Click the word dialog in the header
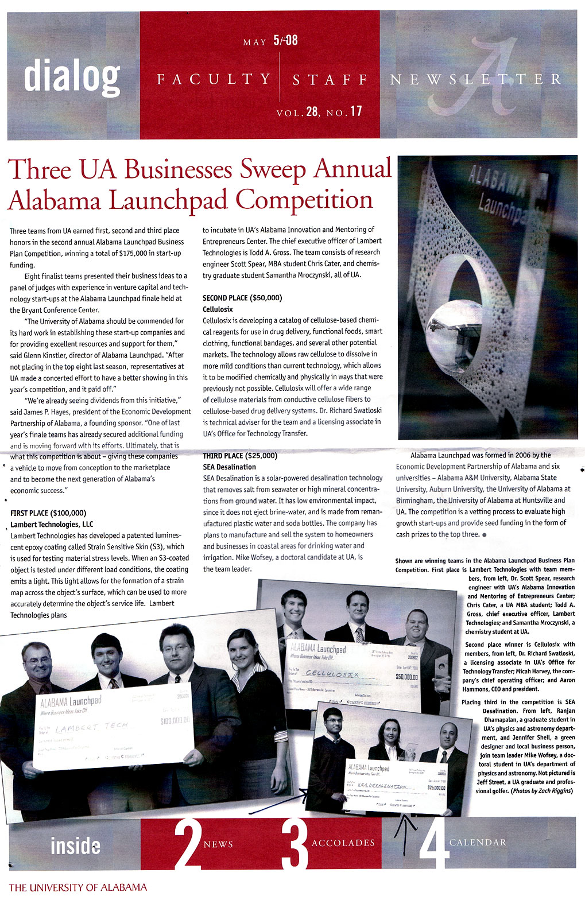point(72,76)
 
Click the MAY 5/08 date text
point(270,41)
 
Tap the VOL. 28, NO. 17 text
point(319,111)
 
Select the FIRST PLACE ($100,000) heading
point(48,513)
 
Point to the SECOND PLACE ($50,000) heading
point(242,298)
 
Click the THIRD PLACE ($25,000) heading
point(240,456)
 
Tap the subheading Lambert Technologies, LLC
point(52,525)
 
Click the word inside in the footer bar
point(75,845)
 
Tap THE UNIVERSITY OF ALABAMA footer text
point(78,887)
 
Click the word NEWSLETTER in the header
point(476,79)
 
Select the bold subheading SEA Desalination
point(230,467)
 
